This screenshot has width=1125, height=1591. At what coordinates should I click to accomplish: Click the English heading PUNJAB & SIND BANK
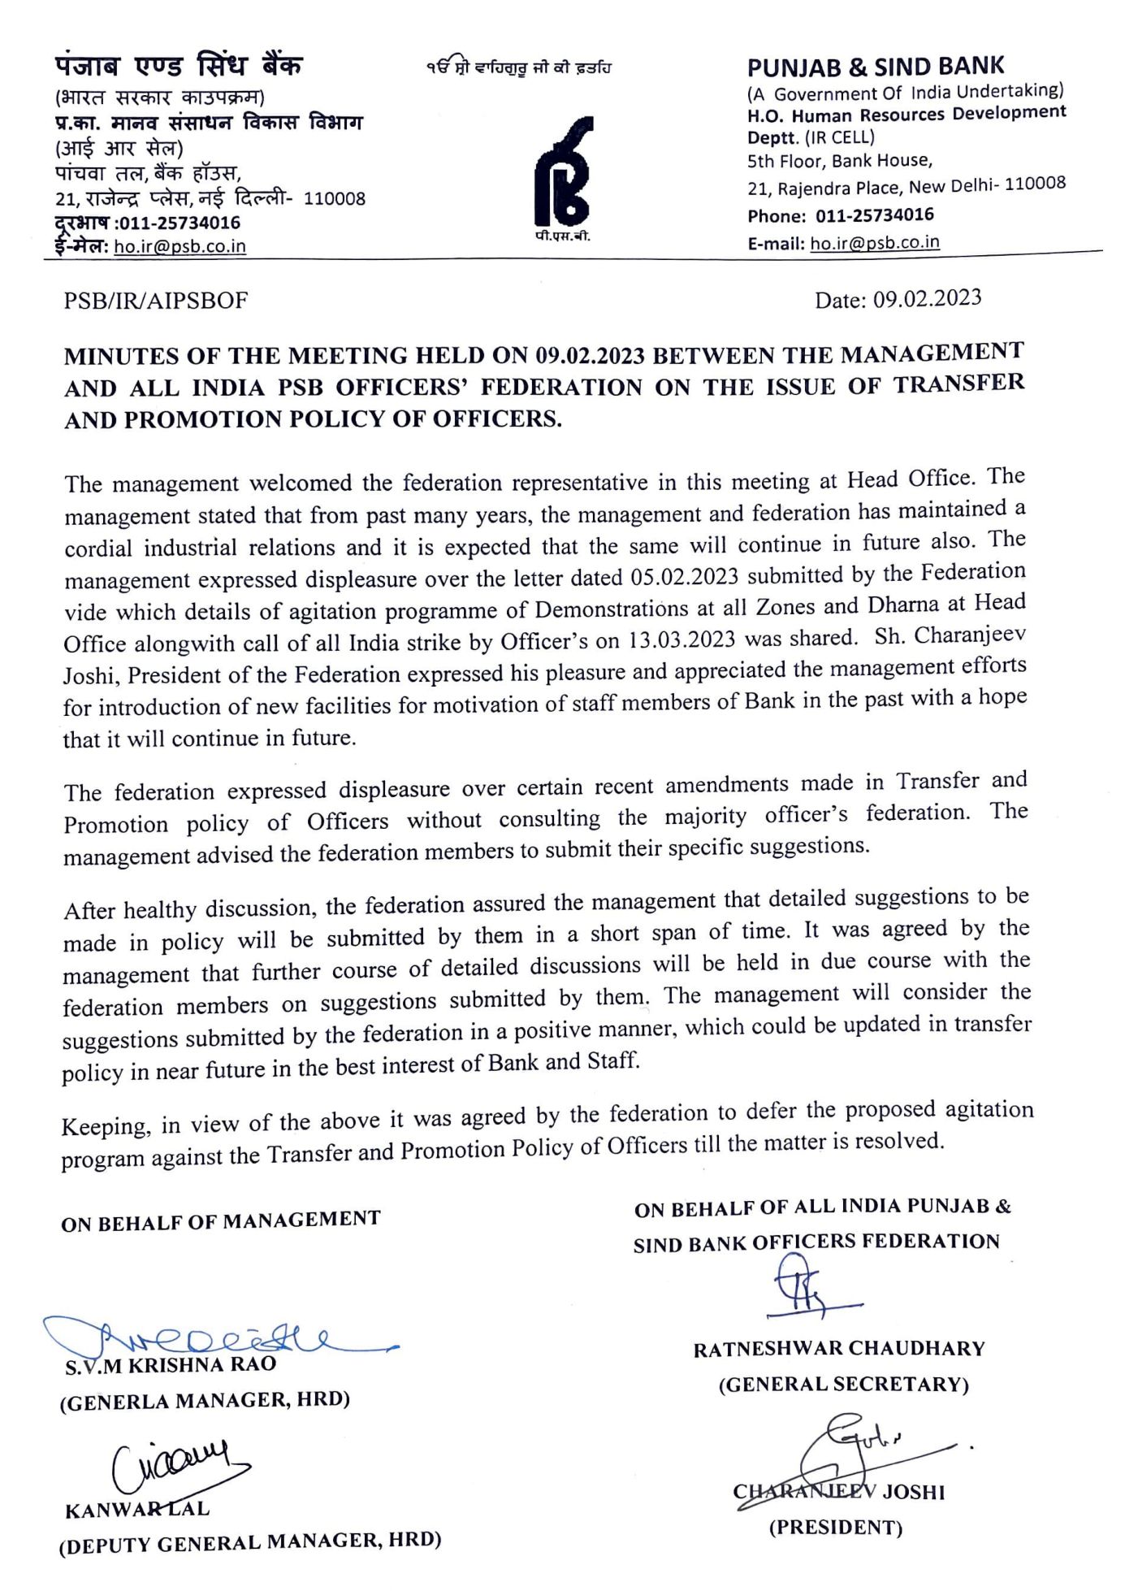[x=875, y=67]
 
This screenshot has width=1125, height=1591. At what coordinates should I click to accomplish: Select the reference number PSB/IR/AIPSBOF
[x=156, y=301]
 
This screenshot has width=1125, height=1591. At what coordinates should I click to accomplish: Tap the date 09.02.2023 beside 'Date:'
[x=927, y=299]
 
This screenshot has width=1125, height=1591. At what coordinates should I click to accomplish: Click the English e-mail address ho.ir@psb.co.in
[x=875, y=242]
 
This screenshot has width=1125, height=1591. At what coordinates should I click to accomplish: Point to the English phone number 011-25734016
[x=874, y=215]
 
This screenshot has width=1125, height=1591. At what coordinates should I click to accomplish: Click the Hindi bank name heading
[x=179, y=66]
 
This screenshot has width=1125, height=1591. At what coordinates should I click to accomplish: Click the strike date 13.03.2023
[x=681, y=639]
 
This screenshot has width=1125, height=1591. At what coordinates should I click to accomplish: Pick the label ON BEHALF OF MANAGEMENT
[x=221, y=1220]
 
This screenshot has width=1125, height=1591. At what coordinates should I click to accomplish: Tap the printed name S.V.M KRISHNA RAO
[x=171, y=1364]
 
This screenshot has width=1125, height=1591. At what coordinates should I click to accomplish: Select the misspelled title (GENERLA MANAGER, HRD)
[x=205, y=1401]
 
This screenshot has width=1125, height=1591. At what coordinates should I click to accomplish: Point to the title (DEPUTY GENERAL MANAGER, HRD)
[x=250, y=1542]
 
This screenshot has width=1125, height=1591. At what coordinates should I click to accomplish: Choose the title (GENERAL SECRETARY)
[x=843, y=1384]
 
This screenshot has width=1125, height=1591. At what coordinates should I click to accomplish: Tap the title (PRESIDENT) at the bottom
[x=836, y=1527]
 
